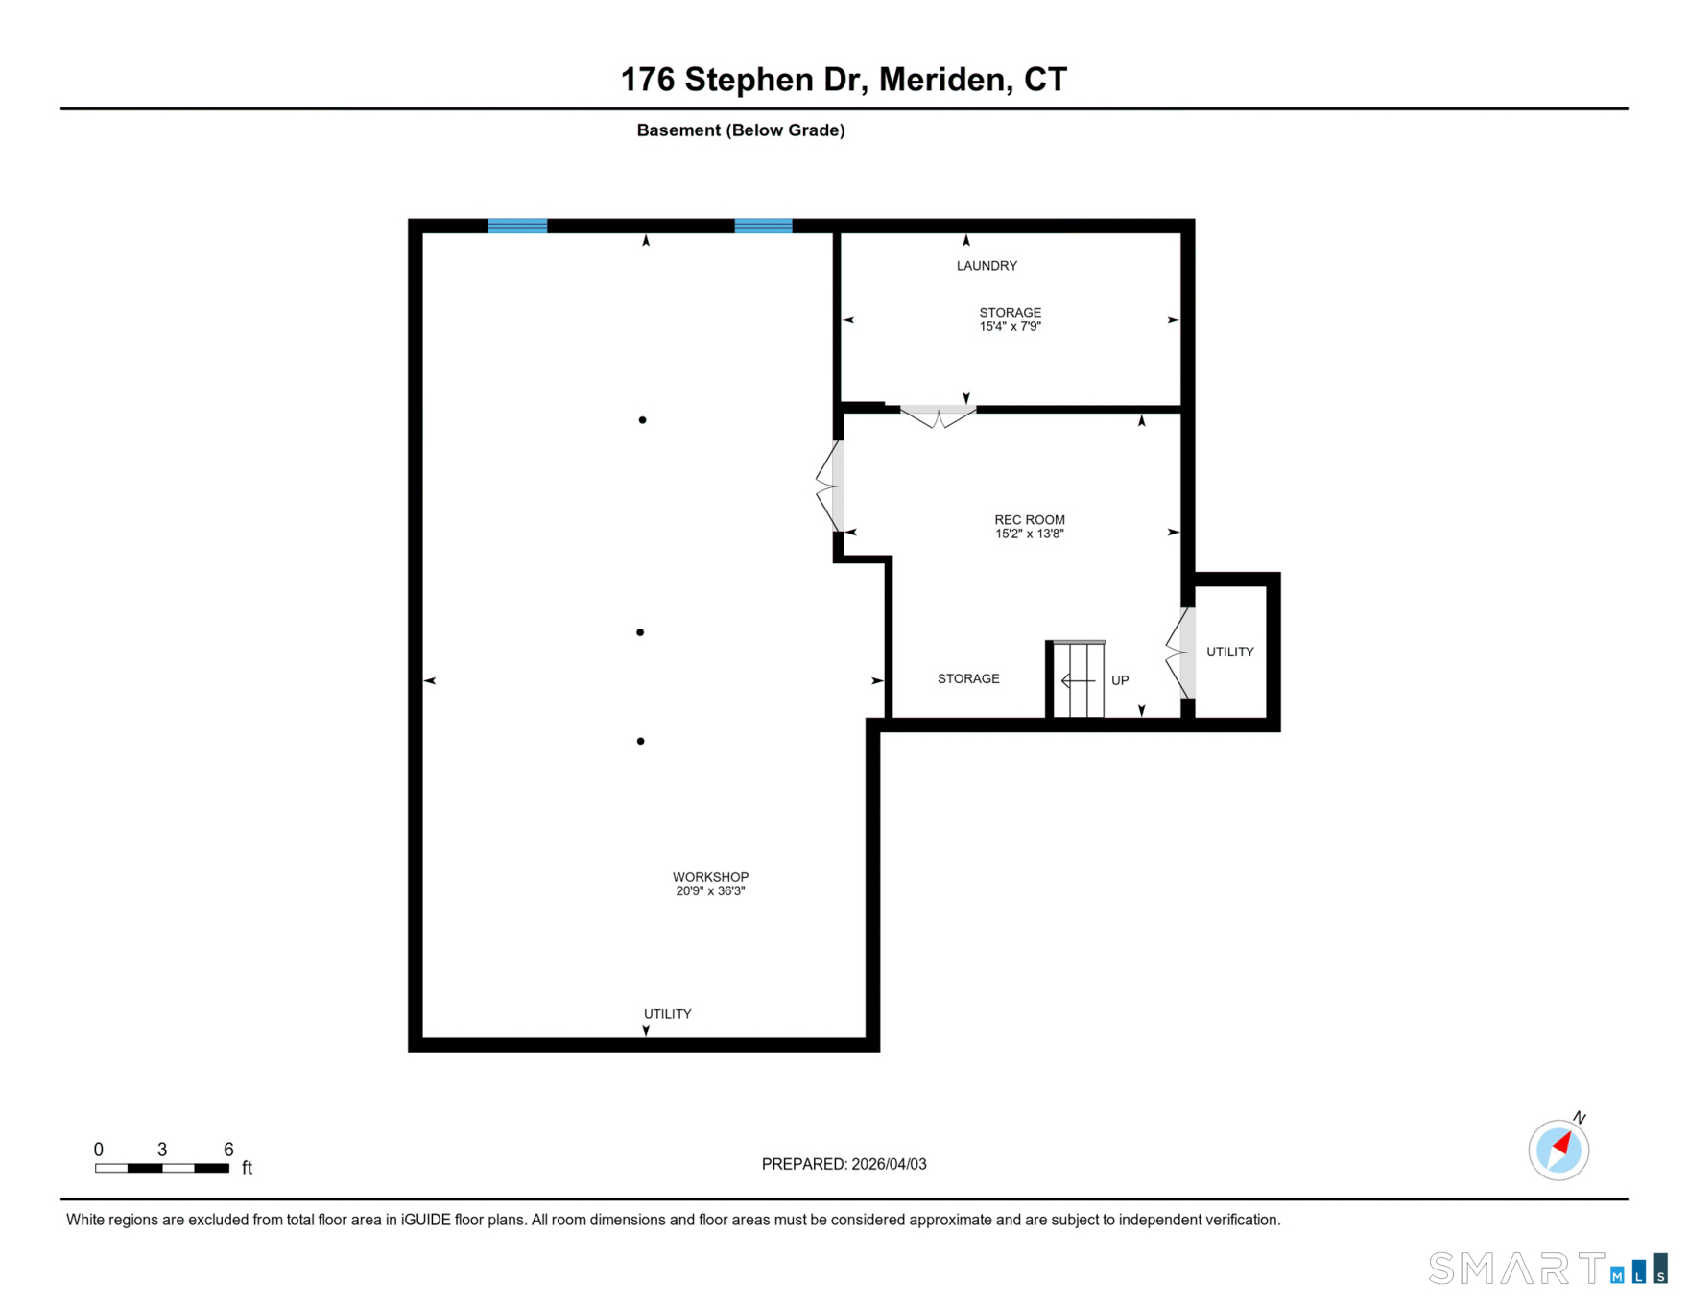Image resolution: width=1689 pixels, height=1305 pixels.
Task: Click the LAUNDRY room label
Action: pyautogui.click(x=987, y=266)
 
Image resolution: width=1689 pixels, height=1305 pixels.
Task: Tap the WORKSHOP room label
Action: pyautogui.click(x=710, y=877)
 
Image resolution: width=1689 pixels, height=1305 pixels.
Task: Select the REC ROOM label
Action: pyautogui.click(x=1029, y=520)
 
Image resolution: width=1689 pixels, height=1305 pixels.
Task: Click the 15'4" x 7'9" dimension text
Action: pyautogui.click(x=1010, y=327)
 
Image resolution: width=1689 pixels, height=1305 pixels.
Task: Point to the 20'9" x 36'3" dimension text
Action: pyautogui.click(x=710, y=891)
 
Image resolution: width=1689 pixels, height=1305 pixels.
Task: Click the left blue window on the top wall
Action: pyautogui.click(x=517, y=226)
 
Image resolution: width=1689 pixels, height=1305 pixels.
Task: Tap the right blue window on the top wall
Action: pyautogui.click(x=763, y=226)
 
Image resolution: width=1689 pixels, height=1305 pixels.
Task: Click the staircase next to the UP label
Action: pyautogui.click(x=1078, y=679)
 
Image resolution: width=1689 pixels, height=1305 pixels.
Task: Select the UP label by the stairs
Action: pyautogui.click(x=1120, y=680)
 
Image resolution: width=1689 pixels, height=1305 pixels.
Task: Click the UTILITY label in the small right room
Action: pyautogui.click(x=1229, y=652)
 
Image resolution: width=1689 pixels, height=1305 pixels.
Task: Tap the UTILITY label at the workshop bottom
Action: pyautogui.click(x=667, y=1014)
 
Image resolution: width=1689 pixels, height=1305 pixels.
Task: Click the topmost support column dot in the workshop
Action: pyautogui.click(x=642, y=420)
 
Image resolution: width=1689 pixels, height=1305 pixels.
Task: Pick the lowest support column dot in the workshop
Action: pyautogui.click(x=640, y=741)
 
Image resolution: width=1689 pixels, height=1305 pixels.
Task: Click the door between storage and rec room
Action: pyautogui.click(x=938, y=415)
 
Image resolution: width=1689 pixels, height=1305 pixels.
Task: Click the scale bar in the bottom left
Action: pyautogui.click(x=161, y=1168)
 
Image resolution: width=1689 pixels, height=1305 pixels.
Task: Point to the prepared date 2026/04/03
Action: pyautogui.click(x=888, y=1164)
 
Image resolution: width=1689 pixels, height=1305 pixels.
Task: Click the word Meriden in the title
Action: pyautogui.click(x=944, y=80)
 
